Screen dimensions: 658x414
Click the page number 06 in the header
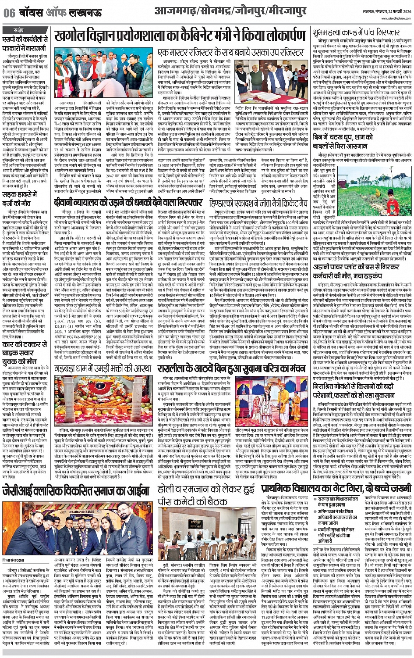point(8,13)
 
